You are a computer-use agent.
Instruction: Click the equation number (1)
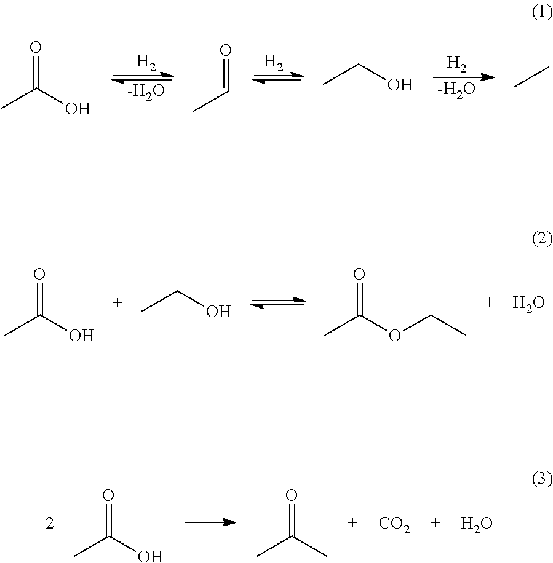(542, 14)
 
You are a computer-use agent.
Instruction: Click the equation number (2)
(542, 239)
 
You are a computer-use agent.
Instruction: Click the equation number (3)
(542, 478)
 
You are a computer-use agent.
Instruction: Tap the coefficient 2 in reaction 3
(50, 524)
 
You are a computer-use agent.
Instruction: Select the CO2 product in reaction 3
(394, 524)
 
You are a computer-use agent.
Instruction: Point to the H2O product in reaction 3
(476, 524)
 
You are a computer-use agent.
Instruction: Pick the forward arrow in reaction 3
(210, 522)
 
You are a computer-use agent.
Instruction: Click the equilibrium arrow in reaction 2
(277, 303)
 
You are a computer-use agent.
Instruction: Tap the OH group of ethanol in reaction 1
(400, 85)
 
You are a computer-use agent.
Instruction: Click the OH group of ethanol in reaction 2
(218, 312)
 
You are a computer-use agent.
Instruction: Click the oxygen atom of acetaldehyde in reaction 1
(225, 50)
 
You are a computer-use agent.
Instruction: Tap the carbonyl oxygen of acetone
(292, 495)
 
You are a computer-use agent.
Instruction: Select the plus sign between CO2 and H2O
(436, 524)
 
